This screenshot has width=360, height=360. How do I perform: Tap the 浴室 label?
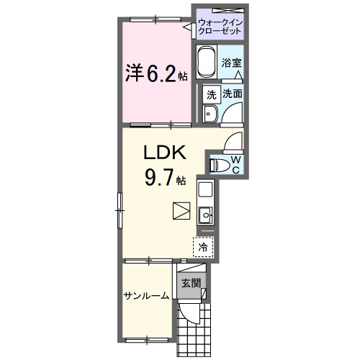[x=232, y=63]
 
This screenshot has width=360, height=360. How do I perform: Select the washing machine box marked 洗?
[x=211, y=94]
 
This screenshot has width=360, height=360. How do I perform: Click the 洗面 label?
[x=232, y=94]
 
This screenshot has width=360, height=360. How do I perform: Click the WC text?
[x=235, y=164]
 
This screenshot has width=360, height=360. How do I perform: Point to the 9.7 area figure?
[x=158, y=177]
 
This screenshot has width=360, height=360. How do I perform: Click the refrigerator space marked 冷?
[x=204, y=247]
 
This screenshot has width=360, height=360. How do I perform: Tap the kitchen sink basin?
[x=205, y=214]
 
